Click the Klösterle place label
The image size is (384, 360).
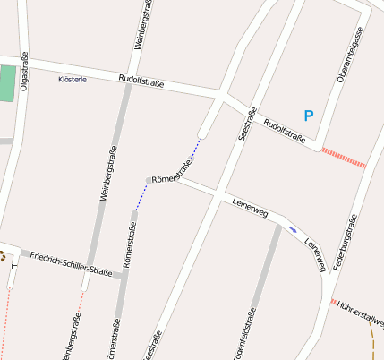tap(72, 80)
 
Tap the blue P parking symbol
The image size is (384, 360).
tap(309, 116)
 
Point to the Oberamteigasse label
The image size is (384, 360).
tap(350, 56)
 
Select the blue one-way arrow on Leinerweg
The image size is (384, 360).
tap(293, 229)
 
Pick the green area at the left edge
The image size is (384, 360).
tap(7, 82)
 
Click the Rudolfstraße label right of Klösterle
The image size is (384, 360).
tap(141, 84)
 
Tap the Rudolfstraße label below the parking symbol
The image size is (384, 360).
tap(285, 132)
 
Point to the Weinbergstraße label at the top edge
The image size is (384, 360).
tap(142, 25)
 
